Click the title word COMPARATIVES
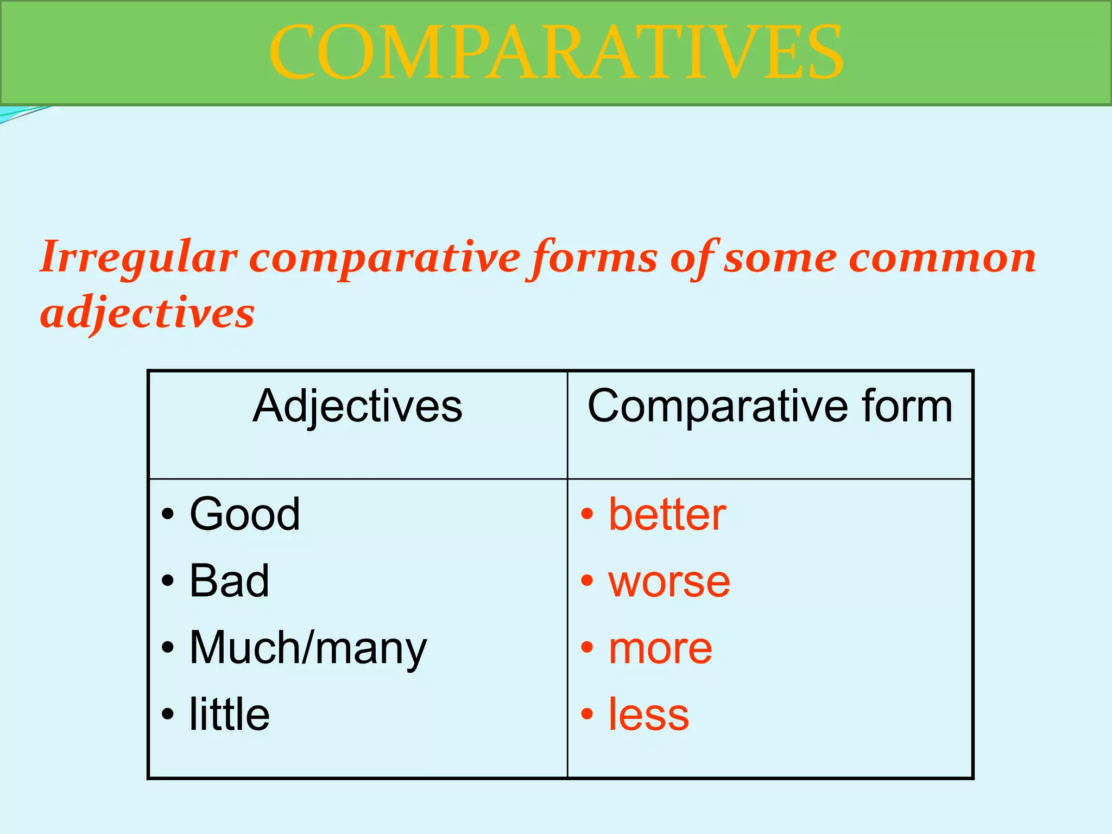pyautogui.click(x=555, y=53)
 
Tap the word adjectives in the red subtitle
pyautogui.click(x=147, y=314)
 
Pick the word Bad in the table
pyautogui.click(x=229, y=580)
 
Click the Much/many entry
pyautogui.click(x=308, y=647)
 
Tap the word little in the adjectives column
pyautogui.click(x=229, y=714)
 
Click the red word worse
pyautogui.click(x=669, y=581)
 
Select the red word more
pyautogui.click(x=660, y=648)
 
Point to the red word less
pyautogui.click(x=648, y=715)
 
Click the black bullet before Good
pyautogui.click(x=168, y=514)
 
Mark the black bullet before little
pyautogui.click(x=168, y=714)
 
